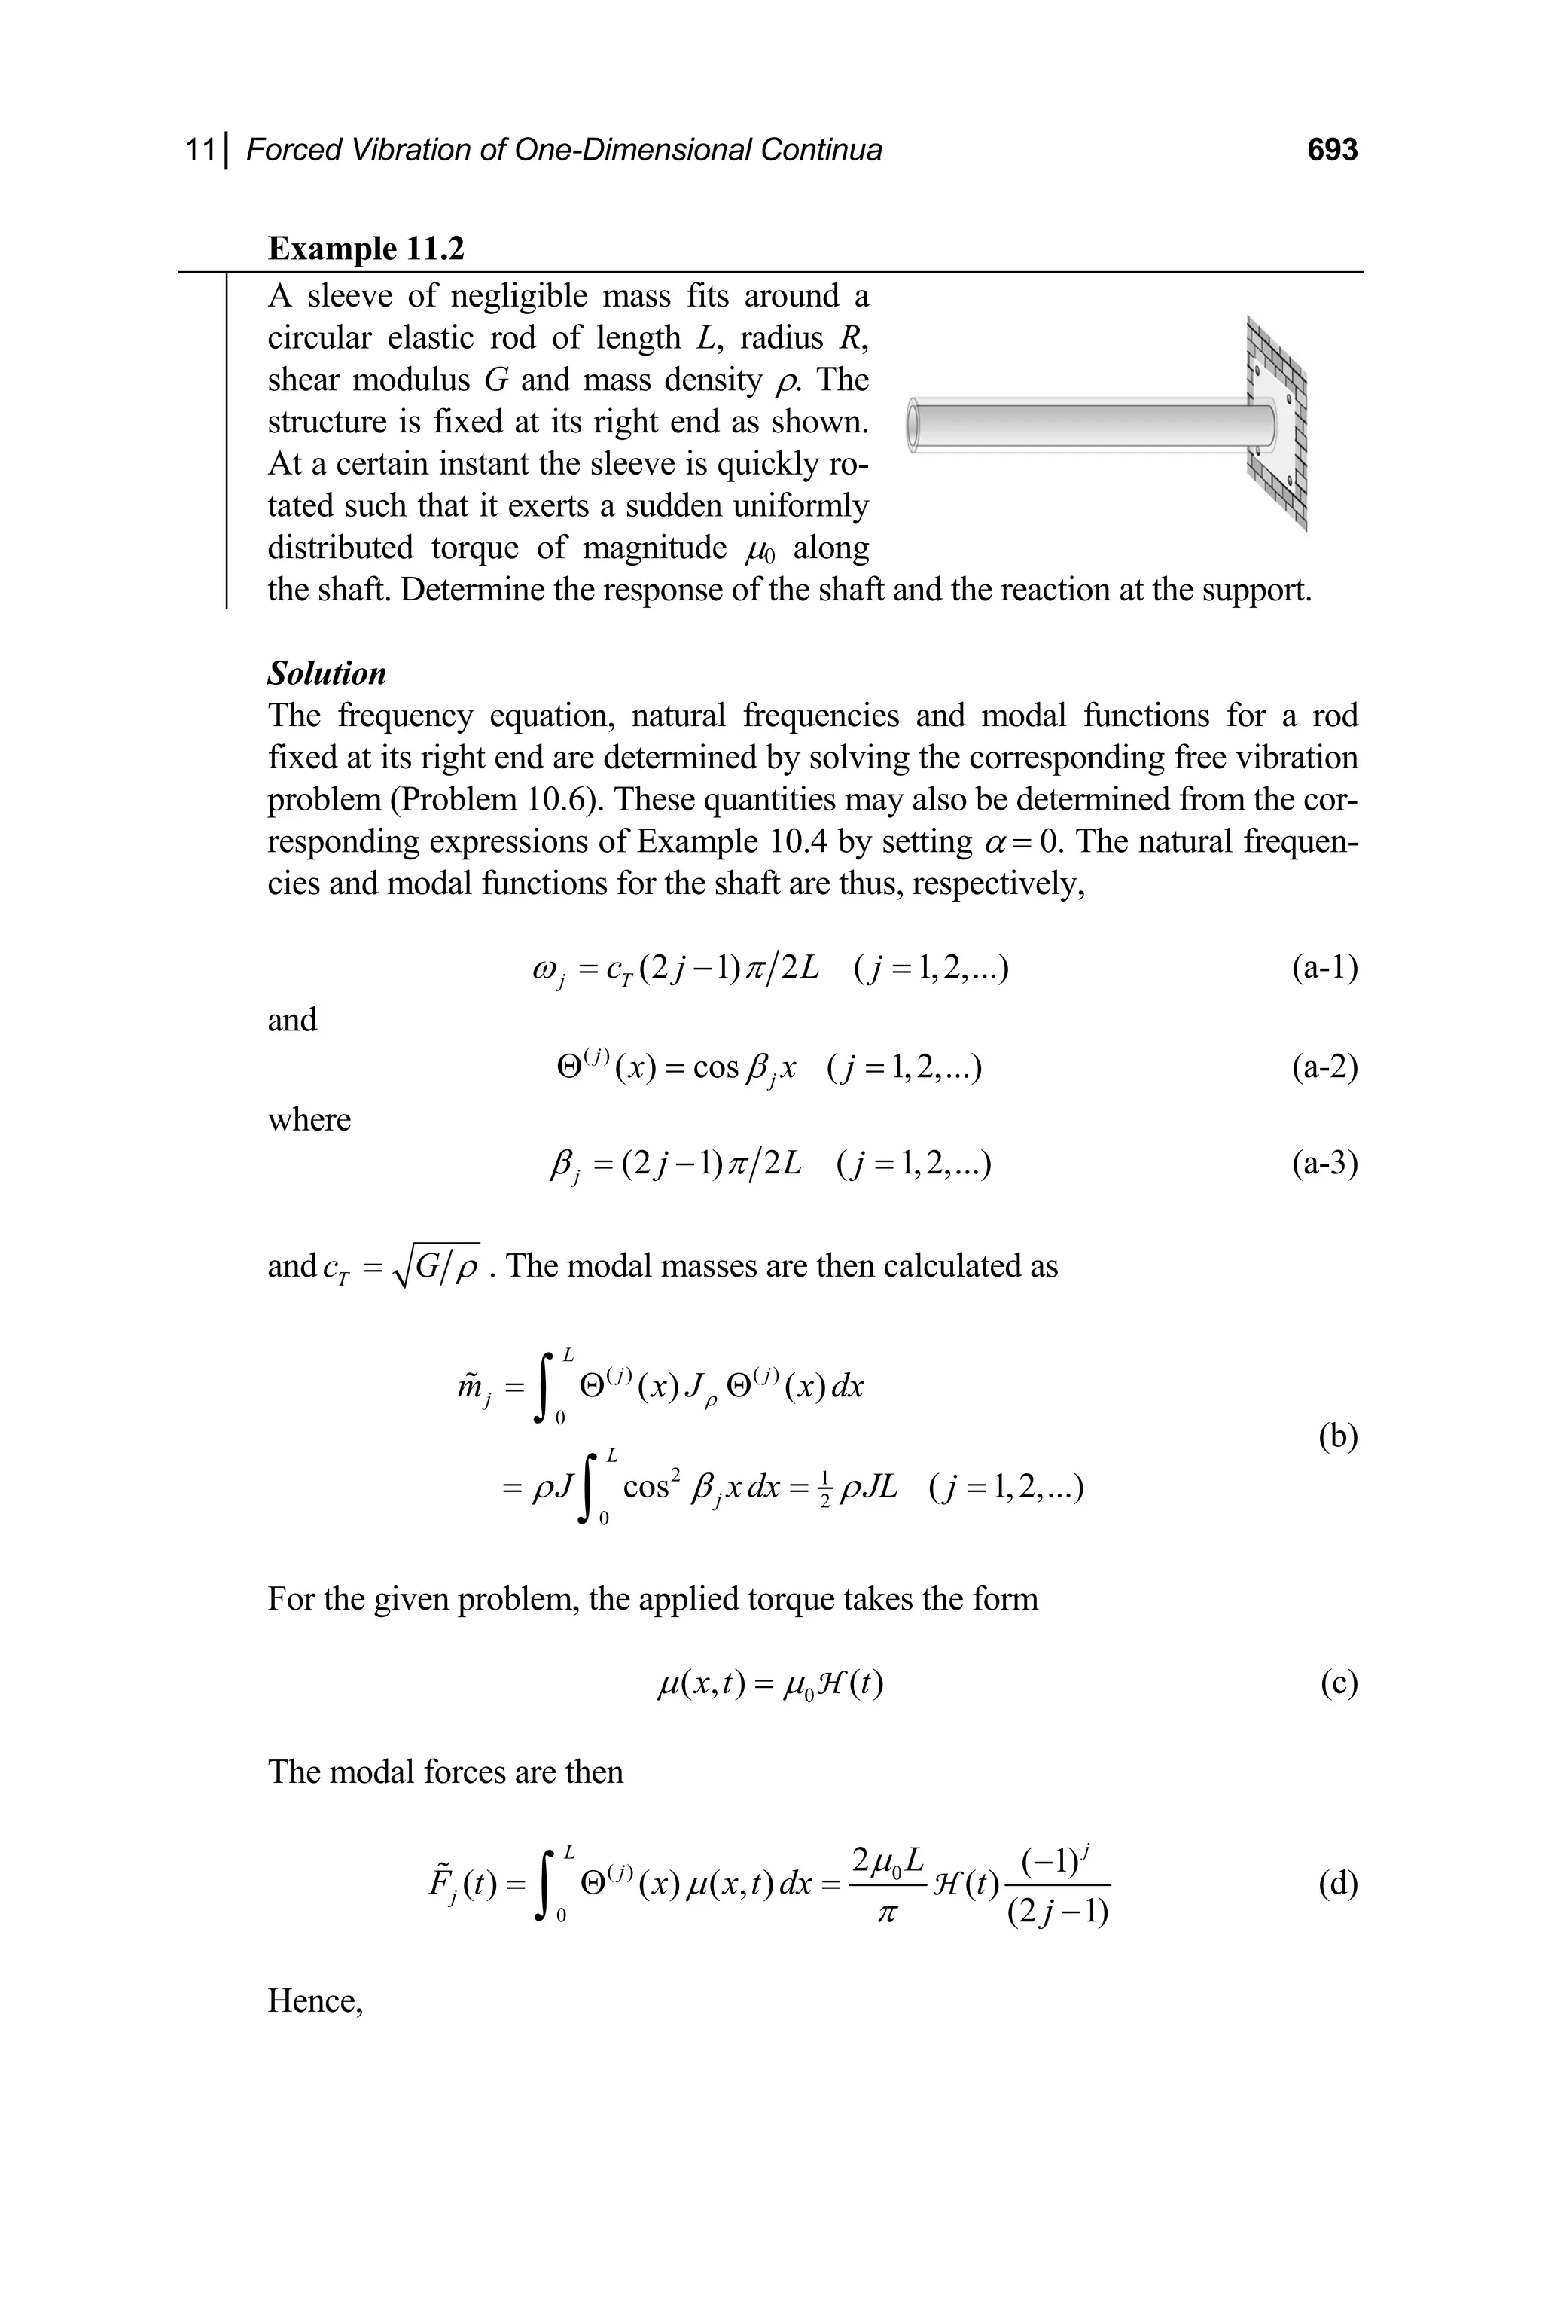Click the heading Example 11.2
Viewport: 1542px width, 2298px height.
(366, 248)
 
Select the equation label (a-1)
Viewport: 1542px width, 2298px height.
(1324, 968)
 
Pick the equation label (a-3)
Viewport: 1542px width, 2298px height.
(1324, 1164)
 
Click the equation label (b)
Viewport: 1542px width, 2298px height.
(1337, 1436)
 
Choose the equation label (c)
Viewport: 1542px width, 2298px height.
(1339, 1683)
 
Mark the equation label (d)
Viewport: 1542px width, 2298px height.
(1337, 1883)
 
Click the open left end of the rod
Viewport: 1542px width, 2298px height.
(913, 425)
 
